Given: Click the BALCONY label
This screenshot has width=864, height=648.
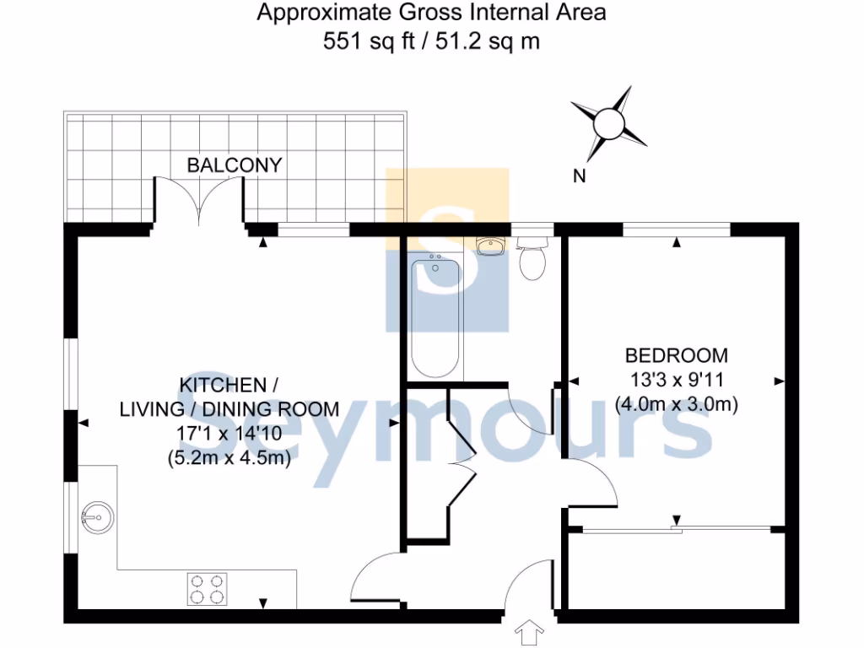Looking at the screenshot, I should (x=234, y=165).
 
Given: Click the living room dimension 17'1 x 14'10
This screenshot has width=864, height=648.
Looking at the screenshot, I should (x=229, y=435).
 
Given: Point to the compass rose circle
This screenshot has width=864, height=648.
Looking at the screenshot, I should (x=608, y=125).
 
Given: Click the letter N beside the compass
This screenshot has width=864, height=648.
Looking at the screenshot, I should (x=579, y=176).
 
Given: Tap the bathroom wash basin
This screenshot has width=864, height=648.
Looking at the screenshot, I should (x=489, y=246).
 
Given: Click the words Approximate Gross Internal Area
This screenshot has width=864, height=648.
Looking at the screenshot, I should (x=431, y=13).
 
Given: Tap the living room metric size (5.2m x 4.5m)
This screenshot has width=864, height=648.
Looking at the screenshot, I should (x=229, y=459).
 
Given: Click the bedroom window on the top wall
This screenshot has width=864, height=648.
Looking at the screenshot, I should (x=676, y=229).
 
